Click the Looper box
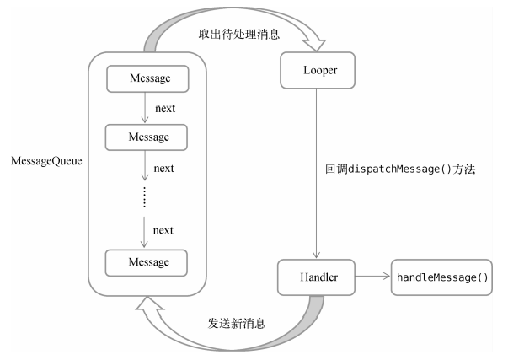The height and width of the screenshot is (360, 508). pos(318,70)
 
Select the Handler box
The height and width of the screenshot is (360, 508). pos(316,277)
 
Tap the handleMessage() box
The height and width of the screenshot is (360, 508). pos(441,277)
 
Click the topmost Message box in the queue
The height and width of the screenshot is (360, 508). pos(147,78)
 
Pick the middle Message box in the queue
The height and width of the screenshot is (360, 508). pos(146,137)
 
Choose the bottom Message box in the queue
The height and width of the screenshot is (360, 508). pos(146,263)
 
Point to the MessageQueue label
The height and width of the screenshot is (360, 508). pos(46,161)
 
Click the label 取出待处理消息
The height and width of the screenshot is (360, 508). pos(238,34)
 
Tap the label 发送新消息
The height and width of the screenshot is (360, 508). pos(237,324)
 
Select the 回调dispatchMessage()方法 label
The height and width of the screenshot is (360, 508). pos(400,169)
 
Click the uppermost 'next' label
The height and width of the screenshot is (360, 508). pos(165,108)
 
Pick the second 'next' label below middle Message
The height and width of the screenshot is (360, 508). pos(164,169)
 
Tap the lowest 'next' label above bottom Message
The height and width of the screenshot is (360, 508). pos(163,230)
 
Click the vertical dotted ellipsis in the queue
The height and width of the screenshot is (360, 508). pos(145,197)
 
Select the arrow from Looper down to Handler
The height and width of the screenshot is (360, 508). pos(317,173)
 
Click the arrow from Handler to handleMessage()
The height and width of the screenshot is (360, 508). pos(372,276)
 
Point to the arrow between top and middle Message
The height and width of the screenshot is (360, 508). pos(145,108)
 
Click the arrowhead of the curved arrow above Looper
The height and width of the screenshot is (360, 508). pos(314,45)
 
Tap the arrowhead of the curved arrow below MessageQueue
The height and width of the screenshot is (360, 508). pos(148,304)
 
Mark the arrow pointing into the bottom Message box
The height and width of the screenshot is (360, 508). pos(144,232)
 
